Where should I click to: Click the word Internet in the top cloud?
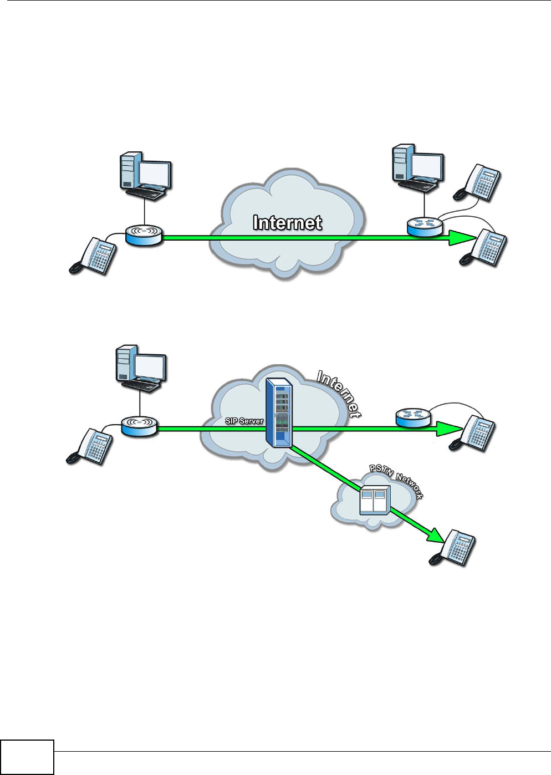click(x=287, y=223)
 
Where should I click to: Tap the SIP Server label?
click(x=244, y=421)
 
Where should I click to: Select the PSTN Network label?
click(x=396, y=480)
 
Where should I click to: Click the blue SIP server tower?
click(x=279, y=412)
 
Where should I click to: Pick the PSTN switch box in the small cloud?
click(x=375, y=500)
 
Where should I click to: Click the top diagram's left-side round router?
click(x=144, y=234)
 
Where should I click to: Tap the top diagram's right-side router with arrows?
click(x=425, y=226)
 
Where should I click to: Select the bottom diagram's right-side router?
click(x=413, y=417)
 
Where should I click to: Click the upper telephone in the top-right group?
click(x=478, y=183)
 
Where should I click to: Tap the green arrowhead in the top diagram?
click(x=461, y=238)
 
